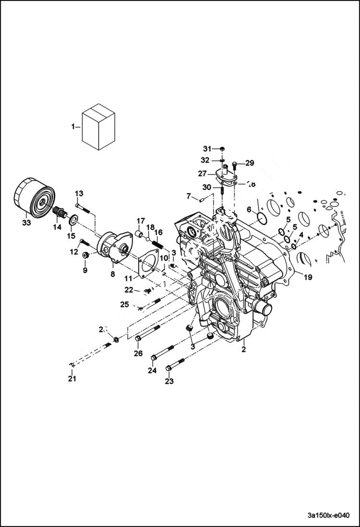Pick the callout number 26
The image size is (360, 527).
click(138, 354)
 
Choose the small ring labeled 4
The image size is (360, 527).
click(293, 247)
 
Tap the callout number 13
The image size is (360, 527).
click(79, 193)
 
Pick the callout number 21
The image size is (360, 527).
click(72, 379)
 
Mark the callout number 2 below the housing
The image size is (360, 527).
click(244, 349)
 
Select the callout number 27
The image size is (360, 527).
click(202, 173)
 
